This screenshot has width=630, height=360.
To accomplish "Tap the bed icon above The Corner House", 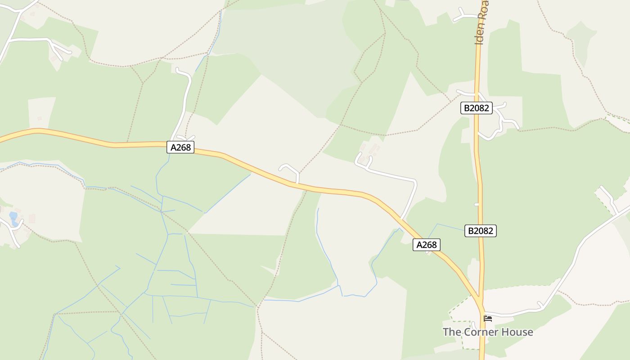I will pyautogui.click(x=488, y=319).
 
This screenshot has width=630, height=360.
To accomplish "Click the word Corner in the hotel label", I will pyautogui.click(x=478, y=332).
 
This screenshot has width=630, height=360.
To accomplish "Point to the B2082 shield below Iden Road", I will pyautogui.click(x=477, y=108).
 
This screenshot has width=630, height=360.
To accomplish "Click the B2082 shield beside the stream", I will pyautogui.click(x=480, y=231).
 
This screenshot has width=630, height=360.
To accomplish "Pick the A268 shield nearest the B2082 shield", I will pyautogui.click(x=426, y=245).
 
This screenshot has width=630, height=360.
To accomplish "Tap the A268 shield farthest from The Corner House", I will pyautogui.click(x=180, y=147).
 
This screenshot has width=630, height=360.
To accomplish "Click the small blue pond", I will pyautogui.click(x=13, y=218).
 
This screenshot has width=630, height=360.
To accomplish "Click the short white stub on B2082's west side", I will pyautogui.click(x=477, y=204).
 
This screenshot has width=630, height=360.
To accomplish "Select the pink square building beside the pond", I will pyautogui.click(x=32, y=219).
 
